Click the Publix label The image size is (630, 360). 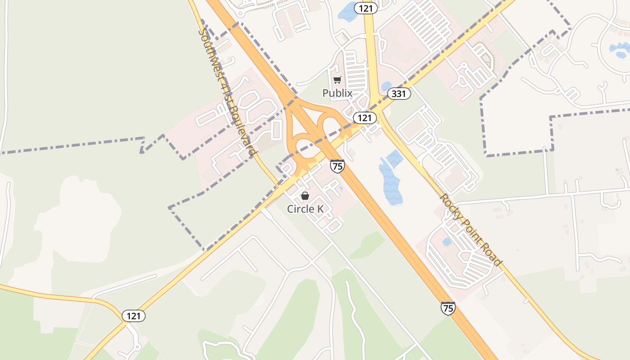pyautogui.click(x=337, y=93)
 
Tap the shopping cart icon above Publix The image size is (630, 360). pyautogui.click(x=337, y=80)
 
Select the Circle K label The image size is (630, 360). pyautogui.click(x=306, y=209)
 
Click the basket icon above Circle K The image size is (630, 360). pyautogui.click(x=305, y=196)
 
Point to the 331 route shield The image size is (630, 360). pyautogui.click(x=399, y=94)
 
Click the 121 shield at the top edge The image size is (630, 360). pyautogui.click(x=365, y=8)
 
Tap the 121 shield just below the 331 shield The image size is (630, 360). pyautogui.click(x=364, y=118)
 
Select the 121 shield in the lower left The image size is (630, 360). pyautogui.click(x=134, y=316)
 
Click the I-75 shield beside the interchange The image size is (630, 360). pyautogui.click(x=337, y=166)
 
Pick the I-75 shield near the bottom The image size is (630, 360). pyautogui.click(x=448, y=308)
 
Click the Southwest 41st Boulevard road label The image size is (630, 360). pyautogui.click(x=228, y=92)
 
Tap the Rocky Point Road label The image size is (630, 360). pyautogui.click(x=470, y=229)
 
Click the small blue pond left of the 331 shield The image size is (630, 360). pyautogui.click(x=386, y=86)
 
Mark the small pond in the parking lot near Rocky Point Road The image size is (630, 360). pyautogui.click(x=446, y=242)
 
